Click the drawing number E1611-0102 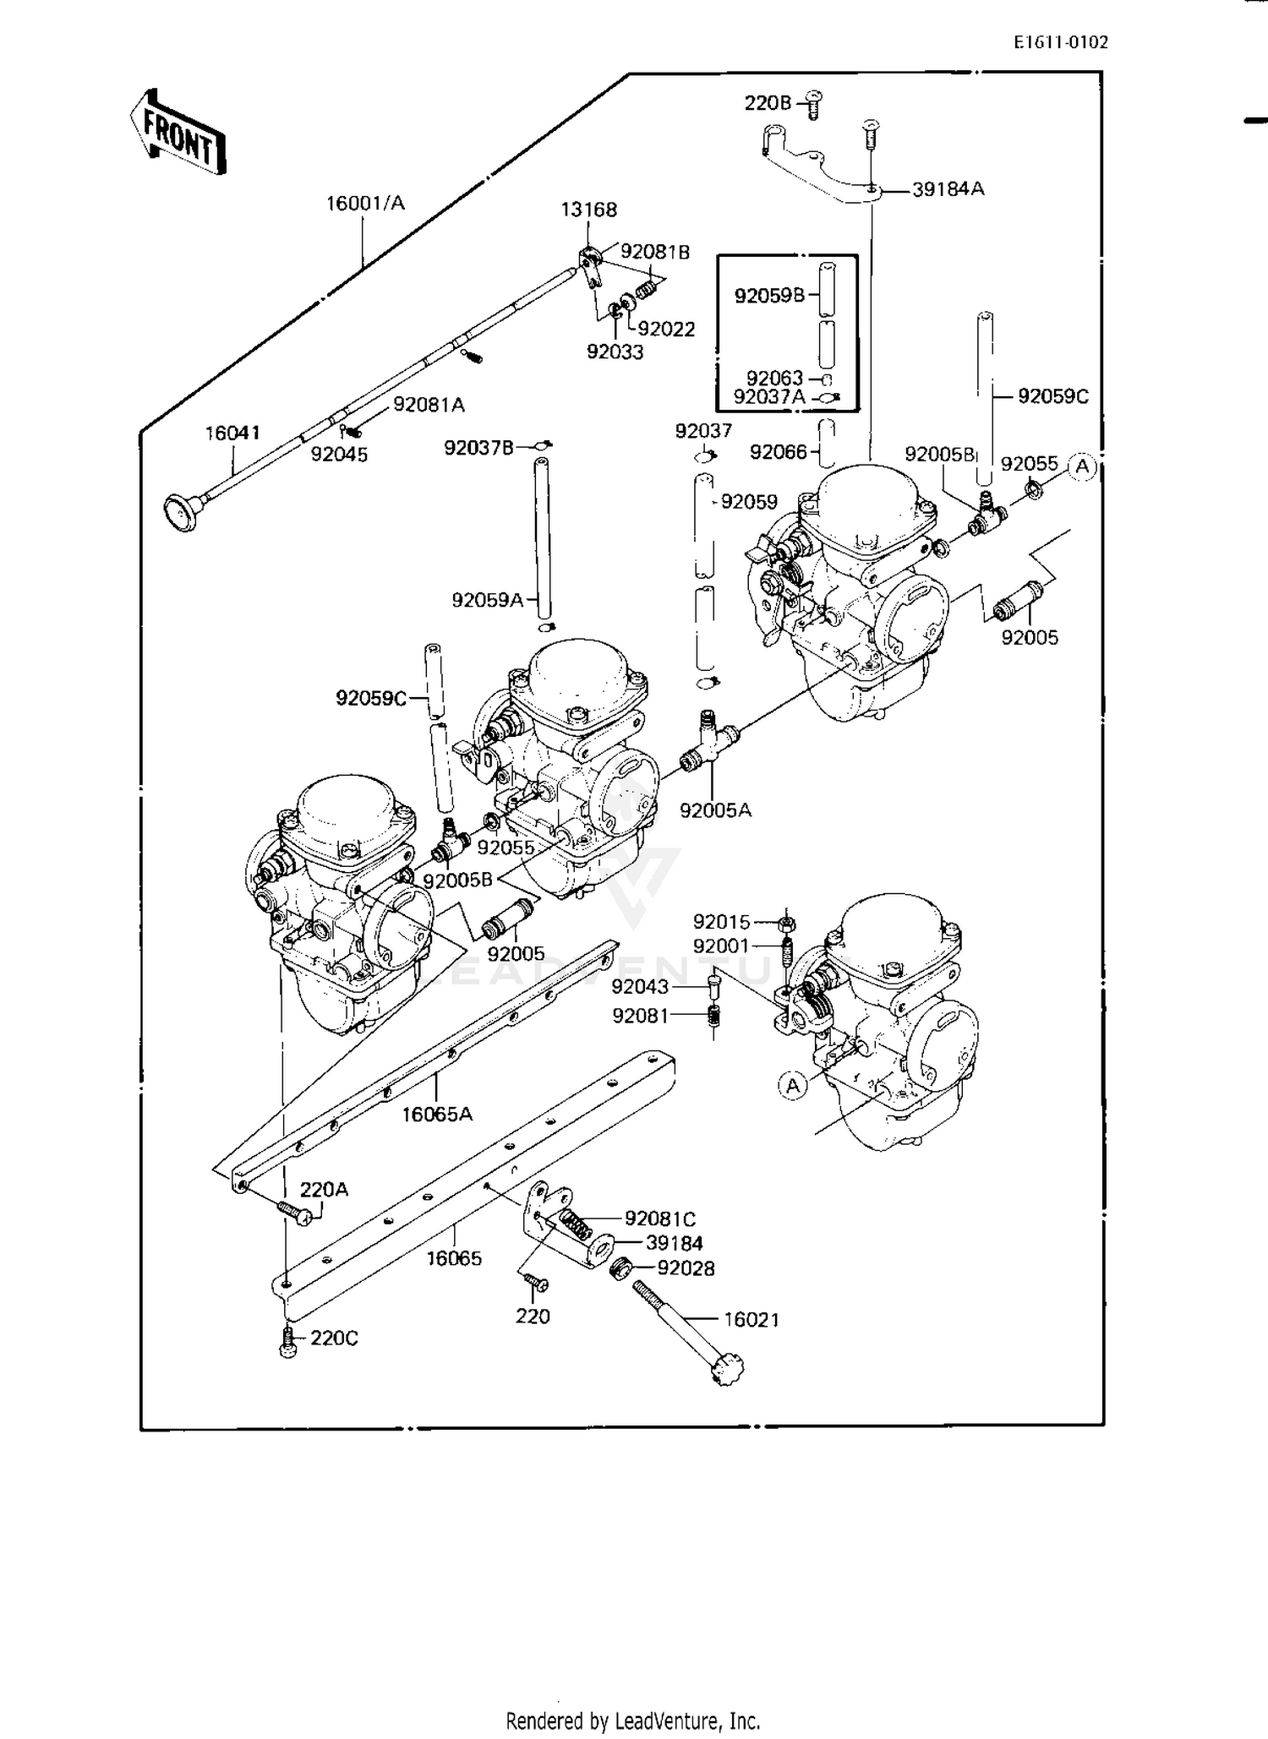1061,42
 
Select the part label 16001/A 366,203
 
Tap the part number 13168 589,210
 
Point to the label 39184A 948,189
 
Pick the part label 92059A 488,600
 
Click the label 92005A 715,810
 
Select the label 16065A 437,1115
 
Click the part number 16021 752,1320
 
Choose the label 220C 335,1338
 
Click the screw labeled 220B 814,104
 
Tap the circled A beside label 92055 1082,466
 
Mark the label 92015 721,922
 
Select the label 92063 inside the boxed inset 774,379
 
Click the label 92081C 660,1219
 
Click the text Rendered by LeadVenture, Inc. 633,1720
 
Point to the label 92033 615,352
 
